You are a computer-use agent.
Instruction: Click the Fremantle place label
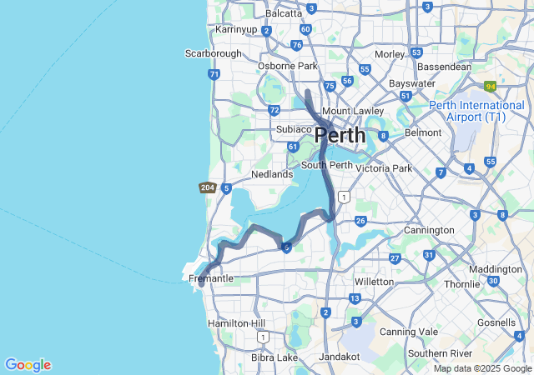coord(211,277)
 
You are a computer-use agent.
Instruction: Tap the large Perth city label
coord(340,135)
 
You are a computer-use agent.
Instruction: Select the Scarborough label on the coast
coord(213,53)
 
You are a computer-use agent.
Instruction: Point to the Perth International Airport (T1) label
coord(477,112)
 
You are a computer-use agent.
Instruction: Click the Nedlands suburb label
coord(272,174)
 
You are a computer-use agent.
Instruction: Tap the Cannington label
coord(429,230)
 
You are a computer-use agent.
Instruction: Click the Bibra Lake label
coord(275,357)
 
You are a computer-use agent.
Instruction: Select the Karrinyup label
coord(236,29)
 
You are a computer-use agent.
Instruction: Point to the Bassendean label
coord(444,67)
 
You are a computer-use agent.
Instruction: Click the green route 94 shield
coord(491,86)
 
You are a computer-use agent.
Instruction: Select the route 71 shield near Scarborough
coord(215,74)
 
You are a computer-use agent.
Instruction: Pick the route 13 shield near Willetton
coord(355,298)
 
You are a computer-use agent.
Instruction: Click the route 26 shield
coord(360,221)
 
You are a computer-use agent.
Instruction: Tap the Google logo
coord(28,365)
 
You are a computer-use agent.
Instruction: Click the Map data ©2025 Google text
coord(482,368)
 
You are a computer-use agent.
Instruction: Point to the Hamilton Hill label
coord(237,323)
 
